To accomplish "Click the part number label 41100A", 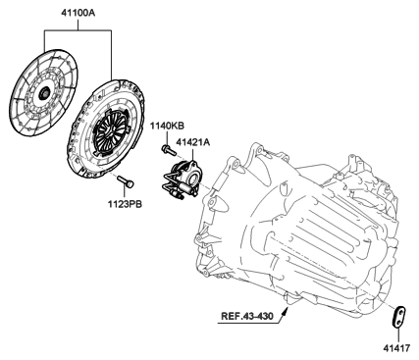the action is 78,13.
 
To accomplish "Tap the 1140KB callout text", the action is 167,126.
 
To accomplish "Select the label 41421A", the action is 193,142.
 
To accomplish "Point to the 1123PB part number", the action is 126,205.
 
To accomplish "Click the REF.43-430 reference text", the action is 247,316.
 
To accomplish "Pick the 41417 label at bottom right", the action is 396,348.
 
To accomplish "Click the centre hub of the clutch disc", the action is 43,94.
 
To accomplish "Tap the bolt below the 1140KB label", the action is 169,150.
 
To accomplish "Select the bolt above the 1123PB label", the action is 126,181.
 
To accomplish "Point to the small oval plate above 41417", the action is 398,317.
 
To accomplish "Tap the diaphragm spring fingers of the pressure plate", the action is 110,131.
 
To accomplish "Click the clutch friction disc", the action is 43,92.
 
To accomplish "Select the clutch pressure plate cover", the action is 106,129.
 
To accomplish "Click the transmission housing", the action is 296,229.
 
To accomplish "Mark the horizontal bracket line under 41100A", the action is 78,30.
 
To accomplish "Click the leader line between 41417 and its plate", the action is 398,334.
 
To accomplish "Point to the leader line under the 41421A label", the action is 192,155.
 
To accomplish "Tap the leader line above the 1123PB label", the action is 126,193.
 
